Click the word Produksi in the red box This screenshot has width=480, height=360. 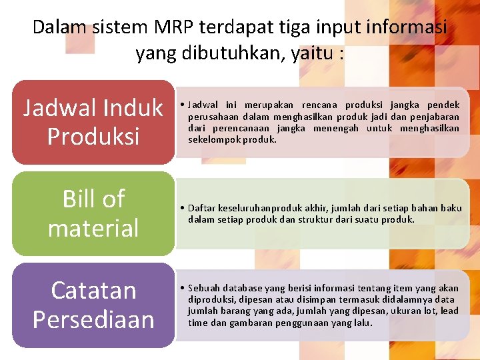93,136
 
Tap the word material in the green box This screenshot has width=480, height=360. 93,228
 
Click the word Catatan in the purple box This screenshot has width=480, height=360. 93,290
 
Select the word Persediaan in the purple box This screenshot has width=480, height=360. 93,319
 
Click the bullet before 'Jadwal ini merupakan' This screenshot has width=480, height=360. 182,105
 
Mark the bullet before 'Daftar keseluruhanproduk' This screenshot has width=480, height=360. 182,209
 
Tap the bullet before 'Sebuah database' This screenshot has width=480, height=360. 182,289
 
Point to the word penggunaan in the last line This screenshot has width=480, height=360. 297,323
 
